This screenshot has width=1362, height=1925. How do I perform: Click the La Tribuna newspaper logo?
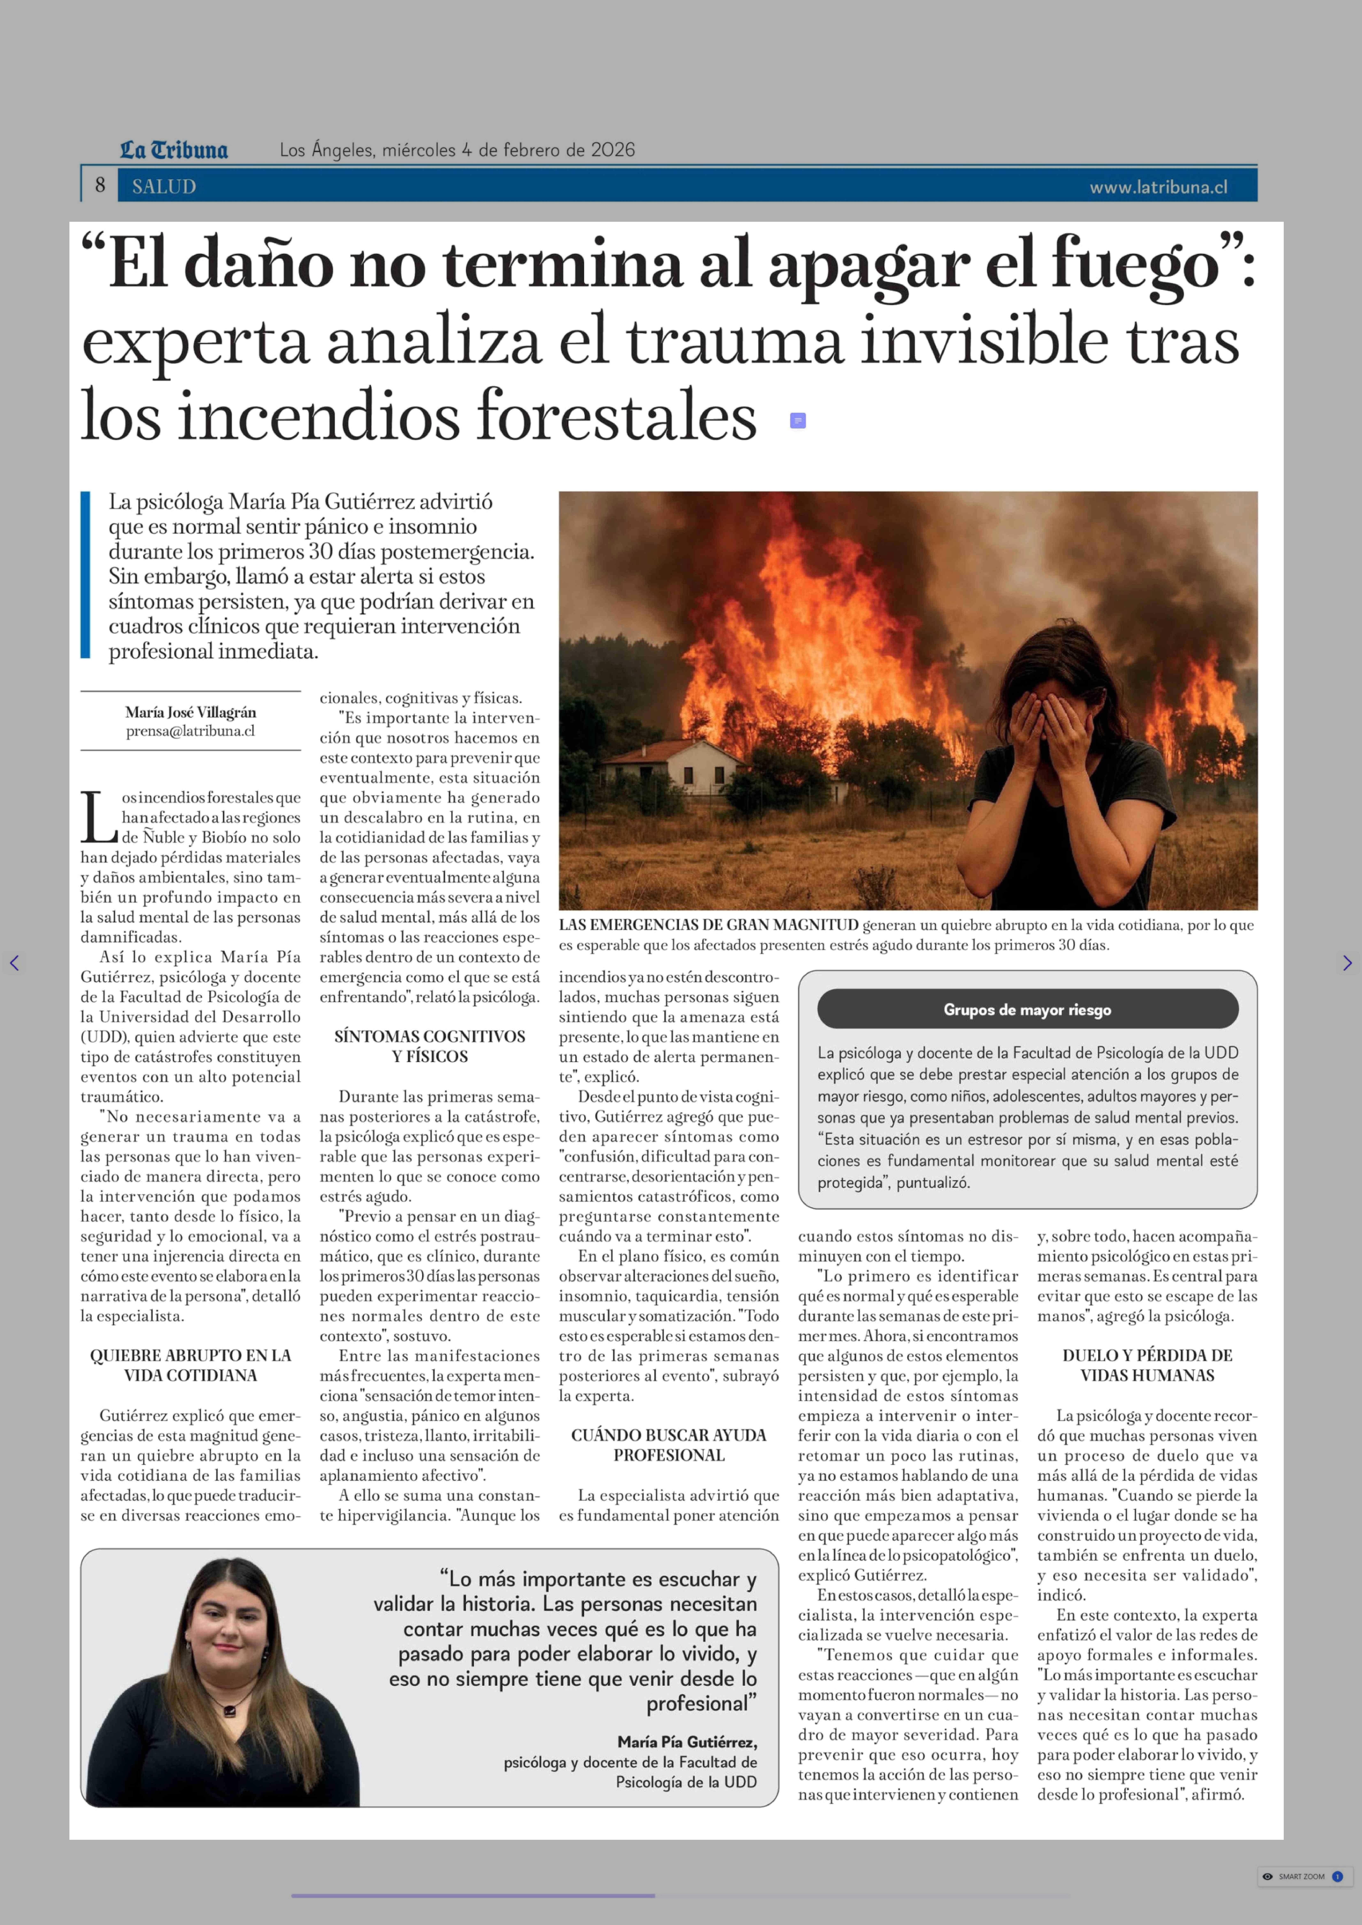pos(174,150)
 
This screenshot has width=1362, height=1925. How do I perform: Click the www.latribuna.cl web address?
pos(1158,187)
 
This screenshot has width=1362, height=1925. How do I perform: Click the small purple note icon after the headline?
pos(798,420)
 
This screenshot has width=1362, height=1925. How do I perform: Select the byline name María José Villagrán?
pos(190,712)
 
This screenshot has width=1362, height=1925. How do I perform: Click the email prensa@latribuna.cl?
pos(190,731)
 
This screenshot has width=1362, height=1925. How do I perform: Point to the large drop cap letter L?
pos(99,817)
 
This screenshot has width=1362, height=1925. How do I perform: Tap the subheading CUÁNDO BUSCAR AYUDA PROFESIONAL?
pos(668,1445)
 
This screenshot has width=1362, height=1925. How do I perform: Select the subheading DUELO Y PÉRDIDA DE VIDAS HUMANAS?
pos(1147,1365)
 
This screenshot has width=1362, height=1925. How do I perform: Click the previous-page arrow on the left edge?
pos(14,963)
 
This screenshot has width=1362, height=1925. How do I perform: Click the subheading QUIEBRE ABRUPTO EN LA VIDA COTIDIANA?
pos(190,1365)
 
